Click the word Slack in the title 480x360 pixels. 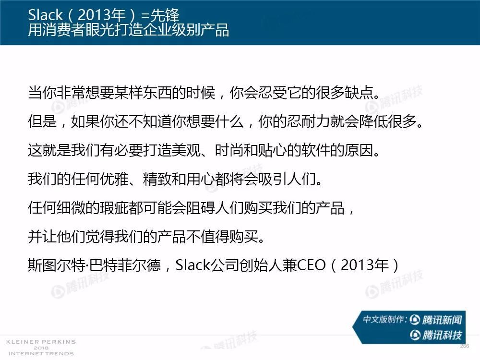tap(45, 15)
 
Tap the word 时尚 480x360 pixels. tap(229, 150)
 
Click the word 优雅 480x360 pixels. tap(114, 179)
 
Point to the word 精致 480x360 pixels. tap(157, 179)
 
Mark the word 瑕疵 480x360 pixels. tap(114, 207)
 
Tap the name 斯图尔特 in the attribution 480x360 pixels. tap(57, 265)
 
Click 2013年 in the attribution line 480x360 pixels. tap(365, 265)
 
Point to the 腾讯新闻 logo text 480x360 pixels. tap(442, 320)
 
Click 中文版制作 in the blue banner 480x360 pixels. tap(384, 319)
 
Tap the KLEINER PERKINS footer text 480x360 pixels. tap(41, 342)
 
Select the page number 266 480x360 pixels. tap(464, 346)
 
